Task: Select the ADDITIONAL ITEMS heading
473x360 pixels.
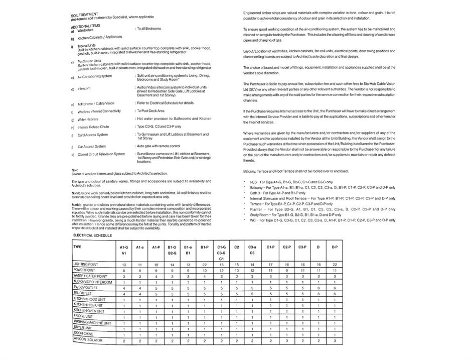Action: click(x=86, y=26)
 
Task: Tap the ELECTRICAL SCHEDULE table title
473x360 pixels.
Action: click(x=92, y=235)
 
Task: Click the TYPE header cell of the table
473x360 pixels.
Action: click(x=77, y=247)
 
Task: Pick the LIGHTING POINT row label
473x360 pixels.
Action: click(x=86, y=264)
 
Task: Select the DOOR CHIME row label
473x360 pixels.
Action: click(x=83, y=333)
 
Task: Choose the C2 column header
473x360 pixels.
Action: click(x=236, y=248)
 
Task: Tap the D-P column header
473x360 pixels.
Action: click(x=335, y=247)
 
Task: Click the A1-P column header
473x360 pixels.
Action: click(x=156, y=248)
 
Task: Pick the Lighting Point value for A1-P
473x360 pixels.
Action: click(x=156, y=265)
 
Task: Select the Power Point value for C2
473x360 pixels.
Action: click(x=236, y=271)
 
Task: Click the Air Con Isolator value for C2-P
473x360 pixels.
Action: click(x=286, y=340)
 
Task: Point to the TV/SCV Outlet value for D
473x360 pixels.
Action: click(x=318, y=288)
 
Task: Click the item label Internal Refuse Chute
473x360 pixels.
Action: click(x=93, y=127)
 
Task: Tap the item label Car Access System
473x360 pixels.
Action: click(x=92, y=146)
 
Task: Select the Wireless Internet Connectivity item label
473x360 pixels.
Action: click(x=99, y=111)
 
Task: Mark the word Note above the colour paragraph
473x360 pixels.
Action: click(x=75, y=169)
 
